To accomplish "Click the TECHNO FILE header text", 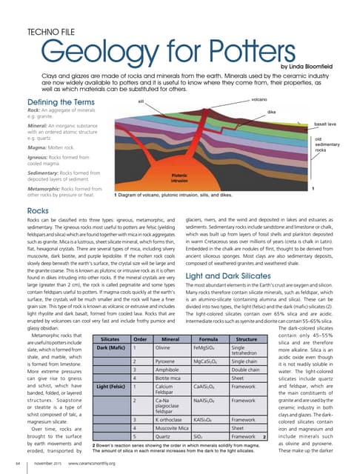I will [50, 33].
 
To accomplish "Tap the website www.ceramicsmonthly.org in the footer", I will [88, 463].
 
